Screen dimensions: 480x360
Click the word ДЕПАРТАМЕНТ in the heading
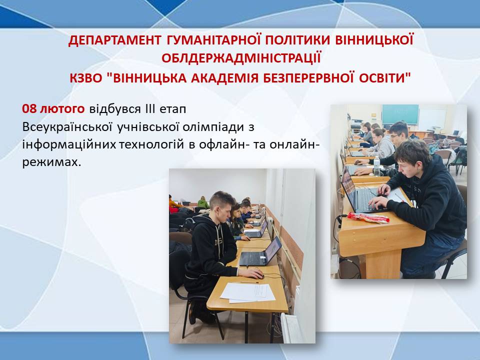coord(115,40)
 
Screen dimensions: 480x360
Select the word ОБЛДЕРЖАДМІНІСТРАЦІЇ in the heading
coord(241,58)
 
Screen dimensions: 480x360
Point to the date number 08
coord(29,108)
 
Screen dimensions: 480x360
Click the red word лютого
coord(62,109)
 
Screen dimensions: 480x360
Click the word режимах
coord(52,162)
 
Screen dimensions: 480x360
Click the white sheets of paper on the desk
coord(248,292)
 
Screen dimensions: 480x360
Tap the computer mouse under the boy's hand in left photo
coord(257,275)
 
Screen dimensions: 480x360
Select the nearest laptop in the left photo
coord(260,252)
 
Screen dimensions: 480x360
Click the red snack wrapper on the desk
coord(368,217)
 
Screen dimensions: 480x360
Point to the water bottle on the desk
coord(376,166)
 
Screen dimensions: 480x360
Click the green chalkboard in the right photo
coord(400,114)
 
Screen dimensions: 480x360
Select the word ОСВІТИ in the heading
coord(384,78)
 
